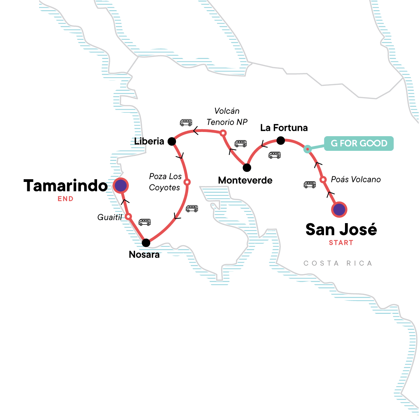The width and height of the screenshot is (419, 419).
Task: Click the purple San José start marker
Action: tap(339, 210)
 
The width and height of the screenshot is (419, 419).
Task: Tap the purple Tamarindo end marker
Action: tap(120, 186)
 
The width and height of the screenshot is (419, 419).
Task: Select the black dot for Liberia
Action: tap(171, 141)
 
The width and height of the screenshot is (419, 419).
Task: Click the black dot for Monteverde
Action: tap(247, 168)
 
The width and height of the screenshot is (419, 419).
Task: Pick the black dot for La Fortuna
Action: tap(281, 141)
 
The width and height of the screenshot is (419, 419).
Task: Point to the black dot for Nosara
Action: tap(146, 243)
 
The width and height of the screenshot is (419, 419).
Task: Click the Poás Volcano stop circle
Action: tap(323, 179)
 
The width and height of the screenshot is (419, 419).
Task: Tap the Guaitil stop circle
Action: tap(128, 217)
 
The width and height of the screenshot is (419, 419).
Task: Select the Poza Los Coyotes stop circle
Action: tap(187, 182)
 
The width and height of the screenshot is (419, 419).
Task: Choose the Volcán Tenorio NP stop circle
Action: tap(223, 133)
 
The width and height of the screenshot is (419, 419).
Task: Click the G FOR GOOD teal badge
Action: tap(359, 144)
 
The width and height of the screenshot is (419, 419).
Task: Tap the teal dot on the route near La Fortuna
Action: tap(307, 149)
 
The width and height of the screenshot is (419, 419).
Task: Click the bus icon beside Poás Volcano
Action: tap(310, 184)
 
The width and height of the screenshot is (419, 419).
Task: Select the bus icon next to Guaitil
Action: tap(145, 222)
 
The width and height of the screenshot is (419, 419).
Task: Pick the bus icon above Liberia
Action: tap(186, 123)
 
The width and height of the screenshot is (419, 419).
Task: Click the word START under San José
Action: tap(341, 243)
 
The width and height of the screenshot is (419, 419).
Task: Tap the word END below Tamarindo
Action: tap(66, 199)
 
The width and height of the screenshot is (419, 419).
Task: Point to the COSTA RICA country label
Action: tap(338, 263)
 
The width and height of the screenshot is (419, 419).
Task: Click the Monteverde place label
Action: tap(245, 181)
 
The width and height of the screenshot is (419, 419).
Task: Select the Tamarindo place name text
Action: tap(65, 186)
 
